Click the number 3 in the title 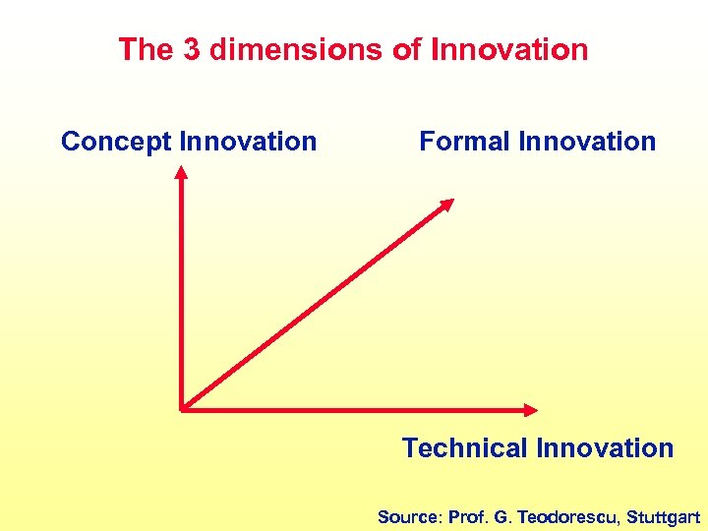coord(193,49)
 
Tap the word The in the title coord(147,49)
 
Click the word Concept coord(116,142)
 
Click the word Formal coord(465,142)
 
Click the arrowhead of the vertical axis coord(181,173)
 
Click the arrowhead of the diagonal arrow coord(446,205)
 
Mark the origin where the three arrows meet coord(183,408)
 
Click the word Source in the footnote coord(409,516)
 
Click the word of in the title coord(406,49)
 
